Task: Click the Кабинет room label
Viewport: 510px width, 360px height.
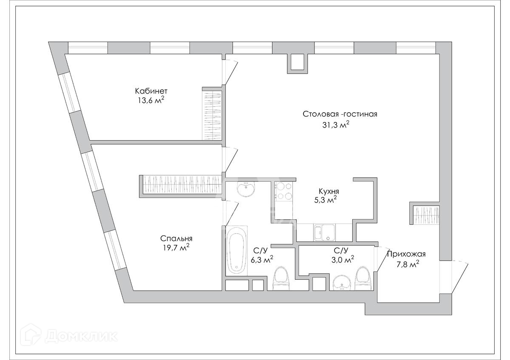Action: tap(151, 91)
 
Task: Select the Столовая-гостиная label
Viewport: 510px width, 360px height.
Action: tap(340, 114)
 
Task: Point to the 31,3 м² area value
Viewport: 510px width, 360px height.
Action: tap(336, 125)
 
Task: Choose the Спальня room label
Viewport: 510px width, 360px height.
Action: tap(173, 238)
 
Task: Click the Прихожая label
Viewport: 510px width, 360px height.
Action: tap(406, 254)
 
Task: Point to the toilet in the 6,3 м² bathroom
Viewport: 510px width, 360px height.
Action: tap(280, 278)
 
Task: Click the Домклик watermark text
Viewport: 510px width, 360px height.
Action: tap(81, 336)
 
